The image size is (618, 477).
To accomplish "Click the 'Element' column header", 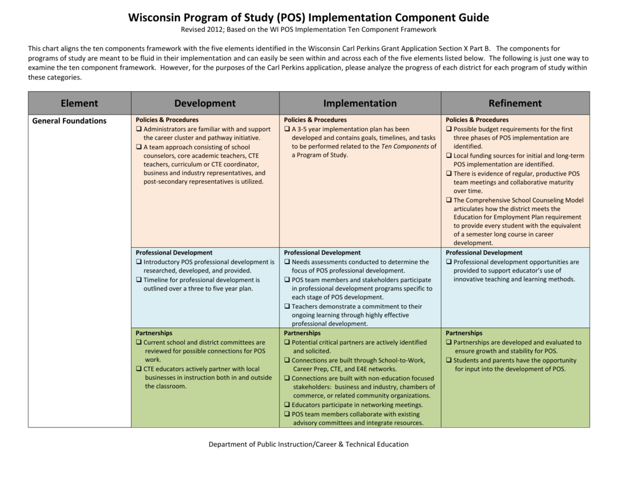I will point(79,103).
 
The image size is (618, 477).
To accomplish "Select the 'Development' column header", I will point(205,103).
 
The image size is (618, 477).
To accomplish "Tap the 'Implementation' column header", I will point(360,103).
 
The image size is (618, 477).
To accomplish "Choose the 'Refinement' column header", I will point(515,103).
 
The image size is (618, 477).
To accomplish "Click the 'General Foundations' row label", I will point(69,121).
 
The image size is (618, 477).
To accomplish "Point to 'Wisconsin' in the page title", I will point(156,17).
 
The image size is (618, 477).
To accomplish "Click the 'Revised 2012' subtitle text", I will point(202,30).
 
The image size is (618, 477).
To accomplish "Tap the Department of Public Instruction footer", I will point(308,444).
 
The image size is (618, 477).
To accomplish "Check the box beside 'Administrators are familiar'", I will point(139,129).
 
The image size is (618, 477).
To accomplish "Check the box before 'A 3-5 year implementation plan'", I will point(287,129).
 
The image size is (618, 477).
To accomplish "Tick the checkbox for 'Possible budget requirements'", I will point(449,129).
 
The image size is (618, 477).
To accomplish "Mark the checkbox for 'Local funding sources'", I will point(449,156).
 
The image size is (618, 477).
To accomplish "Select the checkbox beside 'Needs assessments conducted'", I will point(287,262).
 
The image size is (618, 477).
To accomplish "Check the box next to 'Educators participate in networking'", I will point(287,405).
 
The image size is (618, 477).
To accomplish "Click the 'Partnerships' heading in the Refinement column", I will point(464,333).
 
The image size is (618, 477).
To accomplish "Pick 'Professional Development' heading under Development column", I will point(174,253).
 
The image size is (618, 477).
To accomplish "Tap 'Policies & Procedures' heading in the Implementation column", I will point(315,120).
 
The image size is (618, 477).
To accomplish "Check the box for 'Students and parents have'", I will point(449,361).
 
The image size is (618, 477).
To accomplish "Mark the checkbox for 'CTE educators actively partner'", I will point(139,369).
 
